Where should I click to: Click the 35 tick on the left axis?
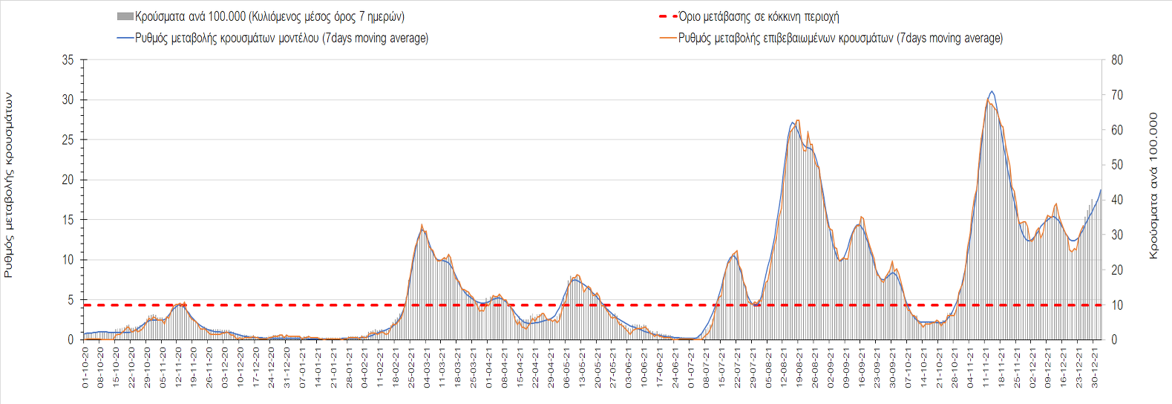(x=68, y=60)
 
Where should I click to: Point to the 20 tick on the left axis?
(x=68, y=180)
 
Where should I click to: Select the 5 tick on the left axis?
(x=71, y=300)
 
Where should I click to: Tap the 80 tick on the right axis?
(x=1117, y=60)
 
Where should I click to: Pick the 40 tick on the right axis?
(x=1117, y=200)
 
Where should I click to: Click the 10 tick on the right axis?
(x=1117, y=305)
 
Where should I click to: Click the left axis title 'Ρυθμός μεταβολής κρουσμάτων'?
(x=9, y=185)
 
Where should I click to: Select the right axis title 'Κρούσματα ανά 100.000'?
(x=1153, y=186)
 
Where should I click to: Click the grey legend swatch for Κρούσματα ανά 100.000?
(x=125, y=16)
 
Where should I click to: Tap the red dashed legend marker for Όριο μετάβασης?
(x=667, y=16)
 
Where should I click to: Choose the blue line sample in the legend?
(x=125, y=38)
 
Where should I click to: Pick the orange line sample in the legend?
(x=667, y=38)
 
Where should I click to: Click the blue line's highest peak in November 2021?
(x=992, y=91)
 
